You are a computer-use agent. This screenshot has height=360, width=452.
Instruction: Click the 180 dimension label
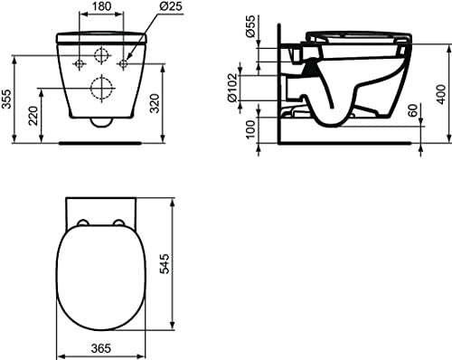click(x=100, y=6)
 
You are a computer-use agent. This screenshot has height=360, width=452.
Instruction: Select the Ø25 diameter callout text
click(x=171, y=6)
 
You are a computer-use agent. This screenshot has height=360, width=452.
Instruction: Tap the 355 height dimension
click(x=6, y=99)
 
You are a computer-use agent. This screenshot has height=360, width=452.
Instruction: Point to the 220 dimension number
click(x=33, y=116)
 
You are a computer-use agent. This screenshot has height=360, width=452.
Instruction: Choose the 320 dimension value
click(x=155, y=103)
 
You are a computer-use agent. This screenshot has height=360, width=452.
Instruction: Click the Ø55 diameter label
click(x=250, y=26)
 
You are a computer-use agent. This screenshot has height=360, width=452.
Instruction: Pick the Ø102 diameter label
click(x=234, y=88)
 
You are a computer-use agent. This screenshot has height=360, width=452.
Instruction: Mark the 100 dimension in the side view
click(x=250, y=129)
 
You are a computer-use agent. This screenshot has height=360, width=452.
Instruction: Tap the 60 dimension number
click(x=413, y=109)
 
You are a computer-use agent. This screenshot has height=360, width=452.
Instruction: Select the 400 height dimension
click(x=441, y=94)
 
